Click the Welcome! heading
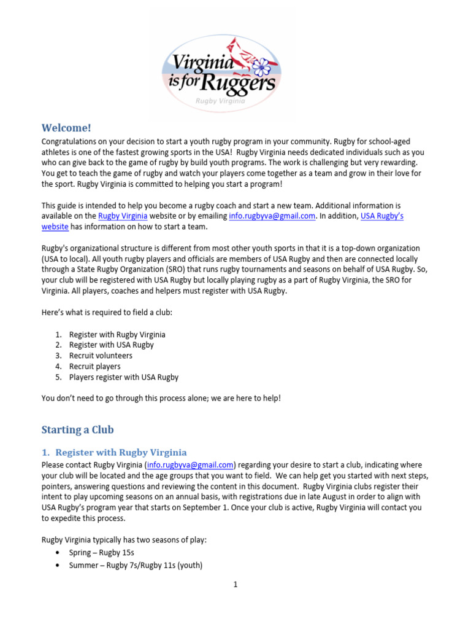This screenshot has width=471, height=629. pos(66,128)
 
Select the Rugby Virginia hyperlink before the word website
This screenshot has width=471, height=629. pos(123,216)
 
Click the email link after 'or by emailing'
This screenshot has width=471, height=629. pos(272,216)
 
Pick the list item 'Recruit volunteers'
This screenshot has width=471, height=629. pos(101,356)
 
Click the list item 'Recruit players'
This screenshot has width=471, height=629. pos(94,367)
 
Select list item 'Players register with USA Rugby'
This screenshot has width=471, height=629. pos(123,377)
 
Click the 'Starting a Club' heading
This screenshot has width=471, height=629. pos(77,429)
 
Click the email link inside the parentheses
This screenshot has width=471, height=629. pos(190,464)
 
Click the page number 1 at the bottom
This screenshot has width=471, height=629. pos(235,585)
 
